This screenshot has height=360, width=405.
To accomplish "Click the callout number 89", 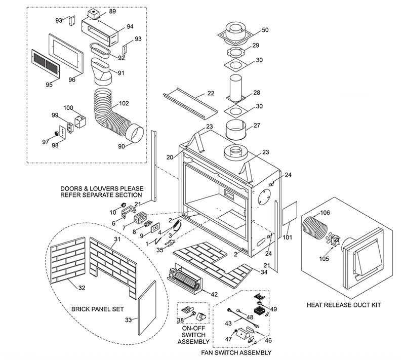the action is point(112,11).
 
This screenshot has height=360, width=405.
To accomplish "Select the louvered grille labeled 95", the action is point(46,63).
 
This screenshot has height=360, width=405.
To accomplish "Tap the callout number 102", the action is point(124,103).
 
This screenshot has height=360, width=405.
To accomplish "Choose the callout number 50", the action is point(265,30).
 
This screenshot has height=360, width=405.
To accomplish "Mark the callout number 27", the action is point(257,125).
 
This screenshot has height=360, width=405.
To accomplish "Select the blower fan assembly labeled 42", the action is point(184,279).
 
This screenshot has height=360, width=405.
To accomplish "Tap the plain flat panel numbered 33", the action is point(147,307).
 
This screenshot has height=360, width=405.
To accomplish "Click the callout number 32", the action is point(82,288).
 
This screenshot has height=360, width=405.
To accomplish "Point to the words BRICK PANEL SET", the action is point(97,309).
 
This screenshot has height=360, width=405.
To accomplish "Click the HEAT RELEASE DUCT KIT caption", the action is point(344,305).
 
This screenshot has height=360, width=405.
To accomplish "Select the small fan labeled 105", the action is point(333,240).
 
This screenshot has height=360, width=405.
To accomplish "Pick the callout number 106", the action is point(325,213).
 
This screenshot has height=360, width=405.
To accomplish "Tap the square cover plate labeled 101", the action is point(290,213).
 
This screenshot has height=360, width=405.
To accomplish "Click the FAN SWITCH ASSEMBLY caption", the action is point(236,352).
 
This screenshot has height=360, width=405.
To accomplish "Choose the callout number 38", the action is point(180,320).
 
